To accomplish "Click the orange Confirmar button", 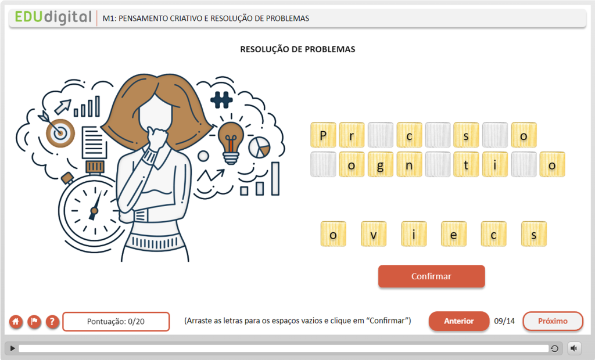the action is (432, 276).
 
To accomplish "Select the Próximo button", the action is (553, 321).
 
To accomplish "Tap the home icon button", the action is (16, 322).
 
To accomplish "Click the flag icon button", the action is (34, 322).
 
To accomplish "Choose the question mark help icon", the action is (52, 322).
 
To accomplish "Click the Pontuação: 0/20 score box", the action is (116, 321).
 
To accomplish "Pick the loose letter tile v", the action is (374, 234).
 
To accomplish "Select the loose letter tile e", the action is (453, 234).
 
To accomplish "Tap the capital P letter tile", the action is (323, 135).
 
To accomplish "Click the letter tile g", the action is (380, 164).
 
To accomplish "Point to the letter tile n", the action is (409, 164).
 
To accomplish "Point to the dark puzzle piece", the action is (221, 100).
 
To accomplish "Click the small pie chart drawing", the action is (260, 147).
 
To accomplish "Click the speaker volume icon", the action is (574, 348).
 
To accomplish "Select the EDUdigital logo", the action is (53, 17).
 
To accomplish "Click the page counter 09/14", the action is (504, 321).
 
